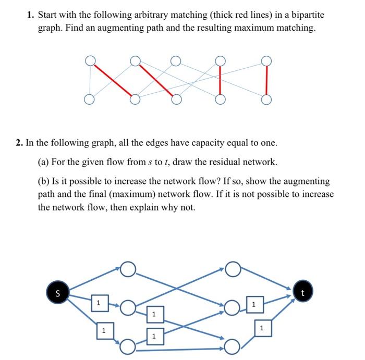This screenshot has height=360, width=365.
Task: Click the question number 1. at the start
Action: (x=31, y=15)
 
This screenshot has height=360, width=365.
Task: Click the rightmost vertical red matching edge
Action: (x=267, y=80)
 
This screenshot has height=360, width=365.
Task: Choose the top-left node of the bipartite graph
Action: (x=91, y=61)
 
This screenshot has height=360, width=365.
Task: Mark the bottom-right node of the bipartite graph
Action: (x=267, y=99)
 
